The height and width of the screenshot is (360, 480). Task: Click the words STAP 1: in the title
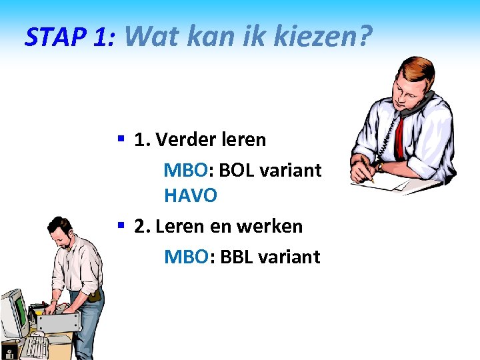pyautogui.click(x=70, y=37)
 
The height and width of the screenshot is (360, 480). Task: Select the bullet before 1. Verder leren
pyautogui.click(x=121, y=139)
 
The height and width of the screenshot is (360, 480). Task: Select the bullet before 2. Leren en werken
pyautogui.click(x=121, y=225)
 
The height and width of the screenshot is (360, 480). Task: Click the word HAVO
pyautogui.click(x=191, y=196)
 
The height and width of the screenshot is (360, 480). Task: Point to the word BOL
pyautogui.click(x=236, y=170)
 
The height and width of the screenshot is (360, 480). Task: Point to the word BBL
pyautogui.click(x=236, y=257)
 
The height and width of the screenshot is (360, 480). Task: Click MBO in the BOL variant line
pyautogui.click(x=185, y=170)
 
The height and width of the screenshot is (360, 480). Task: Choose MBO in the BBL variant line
pyautogui.click(x=185, y=257)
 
